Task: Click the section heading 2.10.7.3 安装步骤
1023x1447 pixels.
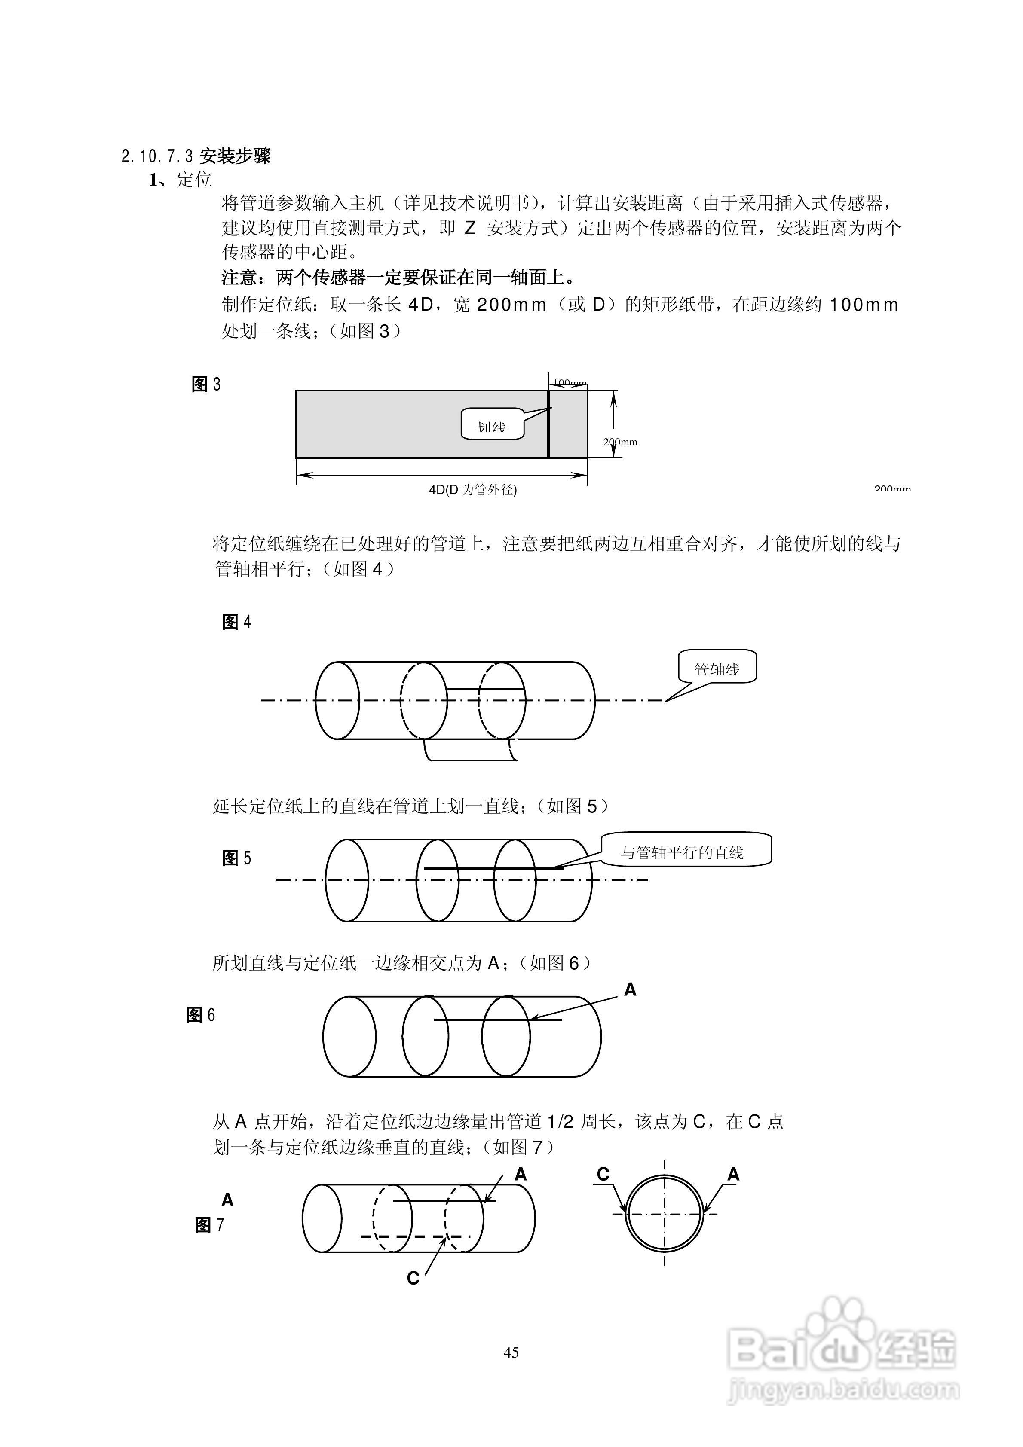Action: pos(196,156)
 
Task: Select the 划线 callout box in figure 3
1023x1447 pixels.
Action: pos(492,424)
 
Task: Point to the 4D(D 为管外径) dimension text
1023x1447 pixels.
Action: pos(473,490)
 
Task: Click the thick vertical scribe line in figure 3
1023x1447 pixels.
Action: pos(548,424)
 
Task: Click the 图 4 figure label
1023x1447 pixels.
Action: pos(236,622)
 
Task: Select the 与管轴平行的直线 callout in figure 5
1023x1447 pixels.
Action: pos(686,852)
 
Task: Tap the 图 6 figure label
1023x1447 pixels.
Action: pos(201,1015)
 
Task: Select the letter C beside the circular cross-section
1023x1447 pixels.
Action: pos(603,1174)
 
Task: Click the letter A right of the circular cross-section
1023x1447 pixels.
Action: pos(733,1174)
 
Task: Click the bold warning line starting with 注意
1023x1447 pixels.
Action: pos(398,277)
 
